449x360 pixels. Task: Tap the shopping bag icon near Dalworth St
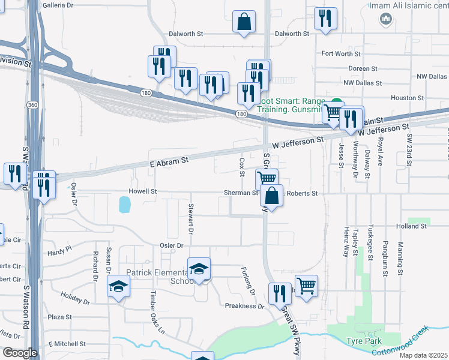click(x=244, y=22)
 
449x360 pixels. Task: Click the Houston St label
click(x=408, y=98)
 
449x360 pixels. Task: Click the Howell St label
click(x=142, y=191)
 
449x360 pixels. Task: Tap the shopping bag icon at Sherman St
click(x=272, y=196)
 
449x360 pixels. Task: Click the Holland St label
click(x=411, y=226)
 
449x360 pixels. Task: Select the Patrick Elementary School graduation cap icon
click(x=199, y=269)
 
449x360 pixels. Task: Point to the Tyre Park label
click(x=361, y=341)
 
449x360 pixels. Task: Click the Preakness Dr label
click(x=244, y=306)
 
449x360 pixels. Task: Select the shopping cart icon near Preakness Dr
click(x=306, y=286)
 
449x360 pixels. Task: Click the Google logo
click(x=19, y=353)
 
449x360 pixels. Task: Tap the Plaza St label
click(x=60, y=317)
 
